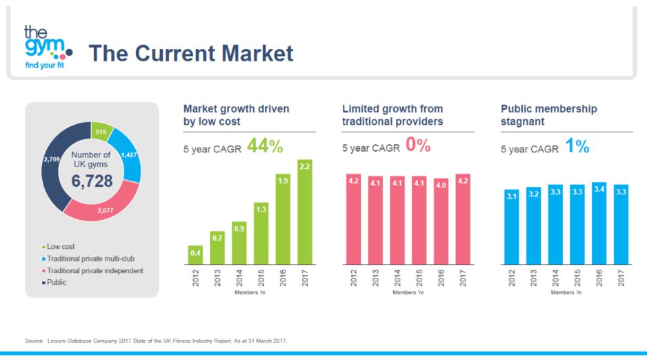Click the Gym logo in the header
(x=46, y=47)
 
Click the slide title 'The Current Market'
(x=191, y=53)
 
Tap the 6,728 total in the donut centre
(x=92, y=181)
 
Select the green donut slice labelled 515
(x=101, y=132)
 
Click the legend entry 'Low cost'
(x=60, y=246)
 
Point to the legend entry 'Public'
(x=56, y=282)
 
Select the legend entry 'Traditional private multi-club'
(x=93, y=258)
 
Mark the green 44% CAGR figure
(x=265, y=146)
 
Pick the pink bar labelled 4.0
(x=440, y=221)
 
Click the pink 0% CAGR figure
(x=418, y=146)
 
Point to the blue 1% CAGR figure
(x=577, y=146)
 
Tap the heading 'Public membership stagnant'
(x=549, y=115)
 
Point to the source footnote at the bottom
(x=155, y=341)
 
